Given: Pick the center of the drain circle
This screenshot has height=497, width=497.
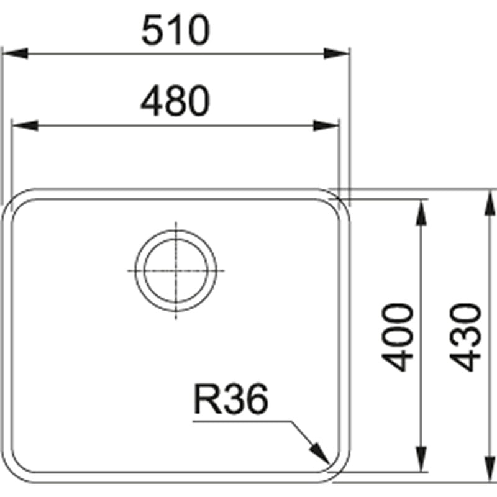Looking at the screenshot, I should (x=176, y=271).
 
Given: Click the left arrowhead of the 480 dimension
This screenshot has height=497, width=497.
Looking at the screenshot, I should (x=25, y=125).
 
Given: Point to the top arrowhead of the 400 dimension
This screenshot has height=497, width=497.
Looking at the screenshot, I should (x=422, y=212).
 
